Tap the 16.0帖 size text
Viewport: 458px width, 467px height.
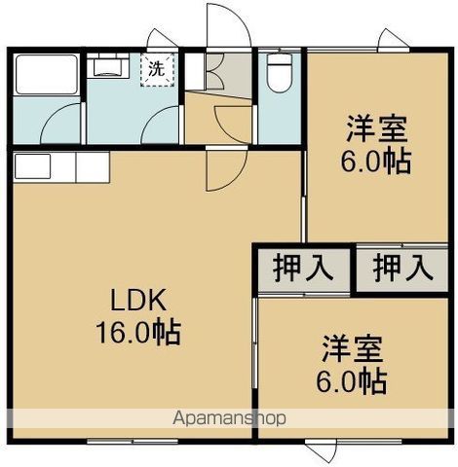(135, 333)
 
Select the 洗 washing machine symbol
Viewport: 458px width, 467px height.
(155, 69)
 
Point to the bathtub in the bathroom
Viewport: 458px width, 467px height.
(44, 75)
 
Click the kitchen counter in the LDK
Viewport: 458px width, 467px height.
(58, 167)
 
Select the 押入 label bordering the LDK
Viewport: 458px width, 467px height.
(300, 265)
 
